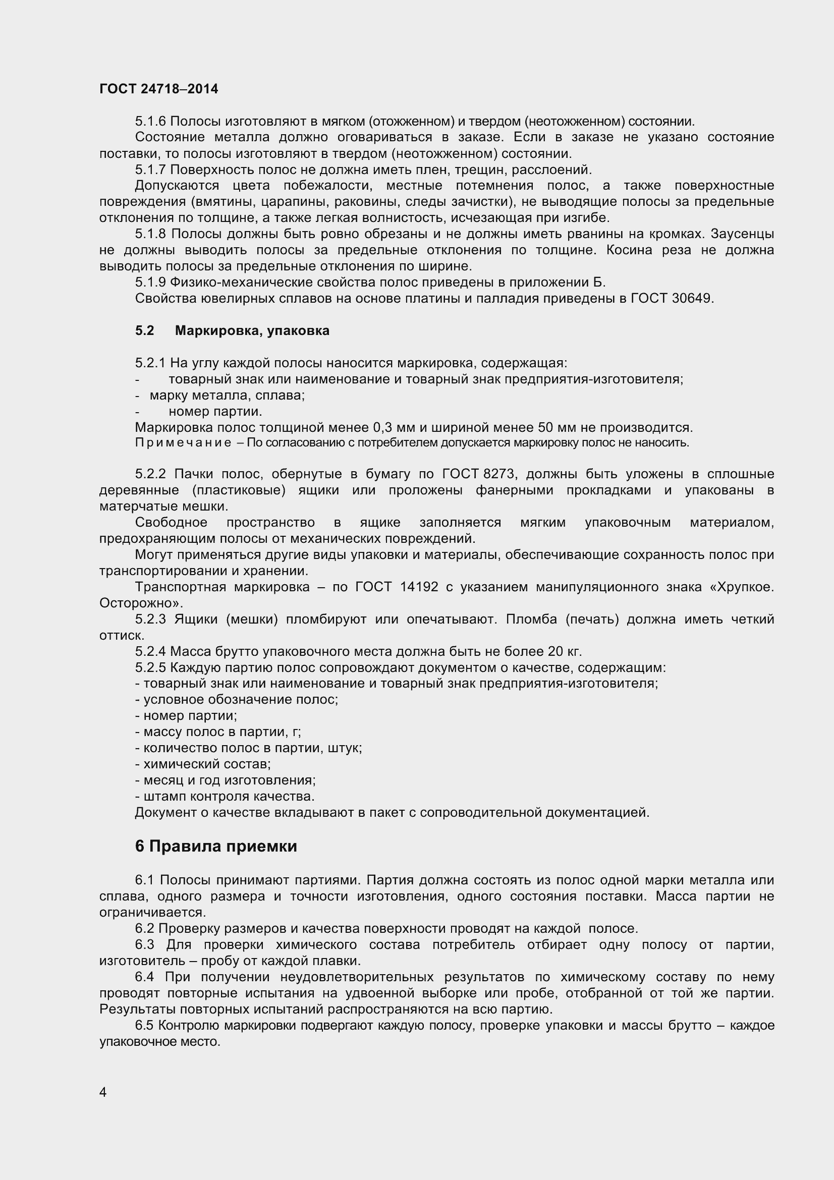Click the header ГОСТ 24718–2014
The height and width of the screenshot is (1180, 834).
pos(158,89)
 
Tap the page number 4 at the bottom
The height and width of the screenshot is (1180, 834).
pos(103,1092)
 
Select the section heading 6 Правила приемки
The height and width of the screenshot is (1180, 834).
pos(216,846)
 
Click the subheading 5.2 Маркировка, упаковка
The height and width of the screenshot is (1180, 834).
pos(232,330)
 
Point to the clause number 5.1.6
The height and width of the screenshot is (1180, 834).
pos(150,121)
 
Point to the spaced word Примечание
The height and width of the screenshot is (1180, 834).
pos(183,443)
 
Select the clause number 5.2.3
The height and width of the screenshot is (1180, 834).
pos(150,620)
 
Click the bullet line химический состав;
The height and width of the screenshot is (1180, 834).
pos(203,764)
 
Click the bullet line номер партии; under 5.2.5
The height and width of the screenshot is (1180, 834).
pos(186,716)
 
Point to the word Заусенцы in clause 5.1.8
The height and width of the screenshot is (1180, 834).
pos(742,234)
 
